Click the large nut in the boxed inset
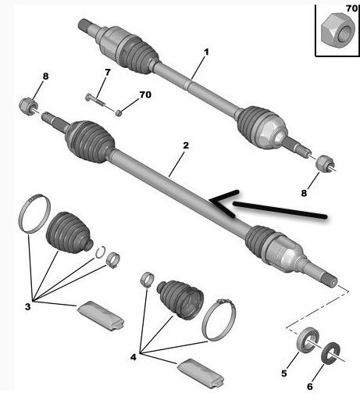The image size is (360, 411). [338, 31]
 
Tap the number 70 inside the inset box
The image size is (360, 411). [352, 9]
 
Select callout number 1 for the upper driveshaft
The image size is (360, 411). [206, 52]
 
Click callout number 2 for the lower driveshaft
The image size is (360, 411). [186, 145]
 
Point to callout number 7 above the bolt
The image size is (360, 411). [108, 72]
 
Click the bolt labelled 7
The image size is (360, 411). [95, 100]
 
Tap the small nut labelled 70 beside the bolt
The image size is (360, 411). [119, 113]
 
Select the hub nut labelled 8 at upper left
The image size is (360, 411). [28, 105]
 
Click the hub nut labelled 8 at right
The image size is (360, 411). [324, 163]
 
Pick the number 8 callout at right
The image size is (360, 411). [304, 193]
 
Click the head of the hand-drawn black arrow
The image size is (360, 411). [211, 201]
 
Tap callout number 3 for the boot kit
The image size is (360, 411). [28, 306]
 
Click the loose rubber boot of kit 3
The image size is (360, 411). [69, 233]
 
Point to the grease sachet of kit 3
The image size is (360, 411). [101, 316]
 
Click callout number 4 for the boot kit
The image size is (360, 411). [134, 357]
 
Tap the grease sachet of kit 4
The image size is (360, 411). [201, 373]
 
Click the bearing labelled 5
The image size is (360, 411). [308, 340]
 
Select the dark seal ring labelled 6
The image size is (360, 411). [330, 353]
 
